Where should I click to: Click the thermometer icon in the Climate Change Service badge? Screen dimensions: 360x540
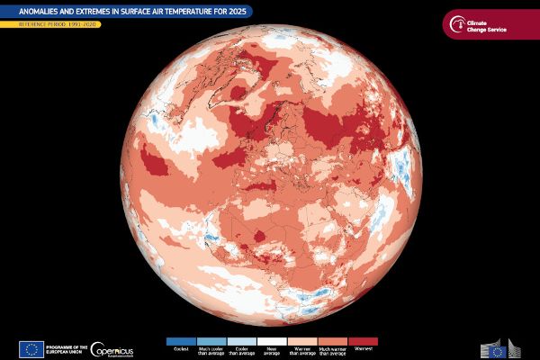pyautogui.click(x=461, y=23)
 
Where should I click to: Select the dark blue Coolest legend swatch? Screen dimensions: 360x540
pyautogui.click(x=181, y=342)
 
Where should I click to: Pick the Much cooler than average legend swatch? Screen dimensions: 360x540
pyautogui.click(x=211, y=342)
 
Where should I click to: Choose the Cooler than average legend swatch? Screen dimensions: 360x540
pyautogui.click(x=241, y=342)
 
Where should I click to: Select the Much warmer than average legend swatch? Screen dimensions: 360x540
pyautogui.click(x=332, y=342)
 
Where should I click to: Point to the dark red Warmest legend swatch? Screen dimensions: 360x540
pyautogui.click(x=363, y=342)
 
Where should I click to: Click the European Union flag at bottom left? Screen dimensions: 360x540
pyautogui.click(x=31, y=349)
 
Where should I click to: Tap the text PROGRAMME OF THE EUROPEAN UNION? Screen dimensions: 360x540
pyautogui.click(x=66, y=349)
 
